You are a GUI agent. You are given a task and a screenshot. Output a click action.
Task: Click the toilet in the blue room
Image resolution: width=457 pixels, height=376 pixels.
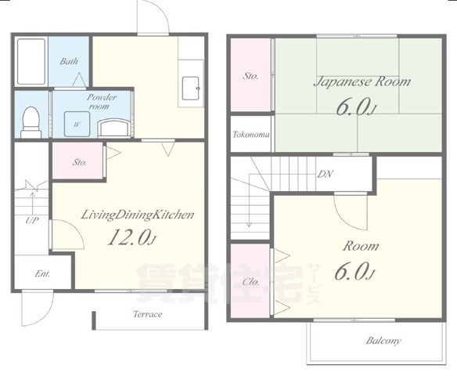click(x=30, y=122)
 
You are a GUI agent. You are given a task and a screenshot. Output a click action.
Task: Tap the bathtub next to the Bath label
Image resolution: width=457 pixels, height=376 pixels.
click(x=31, y=61)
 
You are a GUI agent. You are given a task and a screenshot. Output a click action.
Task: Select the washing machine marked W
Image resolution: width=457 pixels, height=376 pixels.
click(x=77, y=124)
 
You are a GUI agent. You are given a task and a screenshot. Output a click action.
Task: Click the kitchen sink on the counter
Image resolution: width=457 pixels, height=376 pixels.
click(x=191, y=88)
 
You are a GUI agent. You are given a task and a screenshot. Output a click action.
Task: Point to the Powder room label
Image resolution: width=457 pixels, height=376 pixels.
click(x=101, y=102)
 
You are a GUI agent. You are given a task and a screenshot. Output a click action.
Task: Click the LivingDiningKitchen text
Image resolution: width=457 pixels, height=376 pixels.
click(x=137, y=215)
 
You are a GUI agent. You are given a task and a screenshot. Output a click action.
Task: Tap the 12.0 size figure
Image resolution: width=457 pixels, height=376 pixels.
click(x=132, y=237)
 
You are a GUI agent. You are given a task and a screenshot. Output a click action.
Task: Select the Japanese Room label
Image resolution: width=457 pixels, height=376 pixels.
click(x=362, y=81)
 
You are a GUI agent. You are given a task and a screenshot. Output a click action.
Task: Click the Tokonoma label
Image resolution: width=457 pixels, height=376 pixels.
click(x=251, y=134)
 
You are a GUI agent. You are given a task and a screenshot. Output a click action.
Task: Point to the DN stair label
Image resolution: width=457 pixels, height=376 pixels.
click(x=325, y=174)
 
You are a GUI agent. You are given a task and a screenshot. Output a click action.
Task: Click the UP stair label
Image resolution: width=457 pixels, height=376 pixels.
click(x=32, y=220)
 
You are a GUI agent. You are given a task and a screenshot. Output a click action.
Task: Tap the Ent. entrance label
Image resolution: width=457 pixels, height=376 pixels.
click(x=42, y=273)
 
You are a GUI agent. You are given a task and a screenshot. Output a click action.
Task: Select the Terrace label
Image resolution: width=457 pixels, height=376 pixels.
click(x=148, y=314)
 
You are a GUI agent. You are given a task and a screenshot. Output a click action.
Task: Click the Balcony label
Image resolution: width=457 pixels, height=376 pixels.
click(x=383, y=341)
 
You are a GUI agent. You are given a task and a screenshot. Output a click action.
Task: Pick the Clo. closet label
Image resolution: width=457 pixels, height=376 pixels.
click(x=250, y=282)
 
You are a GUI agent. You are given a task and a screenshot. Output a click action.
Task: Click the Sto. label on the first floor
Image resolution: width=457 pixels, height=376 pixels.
click(x=79, y=162)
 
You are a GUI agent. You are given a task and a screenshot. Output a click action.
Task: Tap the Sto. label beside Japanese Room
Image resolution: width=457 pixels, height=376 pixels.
click(x=250, y=76)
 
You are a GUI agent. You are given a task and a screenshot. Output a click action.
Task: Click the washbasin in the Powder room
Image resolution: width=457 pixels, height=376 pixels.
click(x=115, y=128)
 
